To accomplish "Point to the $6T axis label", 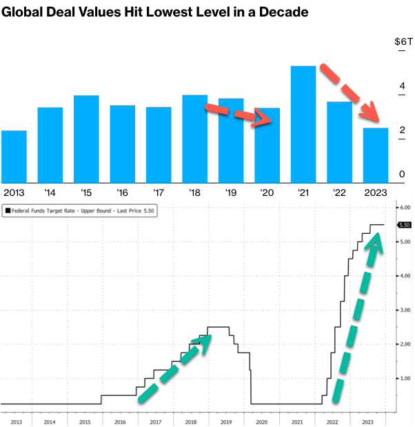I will pos(403,41).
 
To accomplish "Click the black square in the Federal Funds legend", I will pos(8,212).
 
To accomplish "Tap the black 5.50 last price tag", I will pos(405,225).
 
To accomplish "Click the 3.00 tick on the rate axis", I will pos(405,310).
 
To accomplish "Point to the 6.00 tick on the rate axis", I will pos(405,208).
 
